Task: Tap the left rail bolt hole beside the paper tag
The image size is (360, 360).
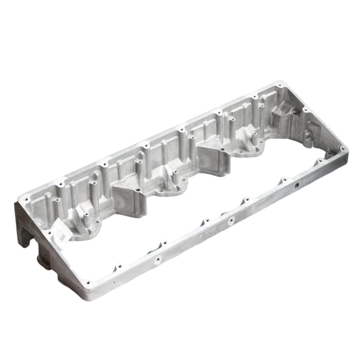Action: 48,234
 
